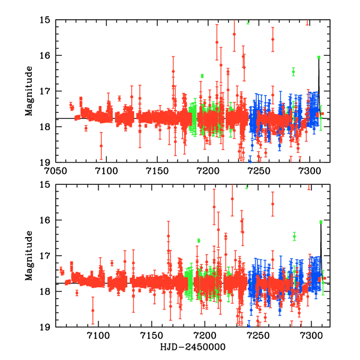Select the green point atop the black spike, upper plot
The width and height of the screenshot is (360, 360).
pyautogui.click(x=319, y=57)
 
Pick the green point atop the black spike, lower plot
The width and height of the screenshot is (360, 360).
pyautogui.click(x=321, y=222)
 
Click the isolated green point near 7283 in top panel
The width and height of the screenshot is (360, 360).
pyautogui.click(x=293, y=71)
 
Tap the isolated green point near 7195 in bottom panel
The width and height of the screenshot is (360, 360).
pyautogui.click(x=198, y=240)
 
